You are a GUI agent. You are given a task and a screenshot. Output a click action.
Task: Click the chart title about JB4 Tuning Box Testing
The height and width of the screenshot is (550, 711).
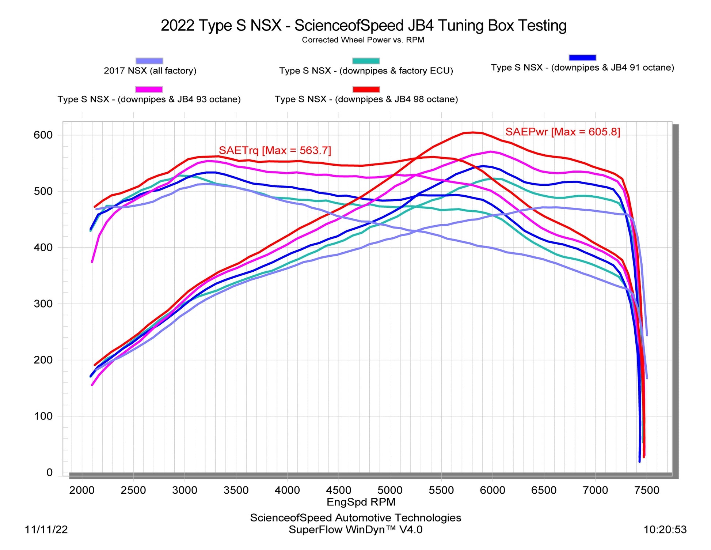coord(364,26)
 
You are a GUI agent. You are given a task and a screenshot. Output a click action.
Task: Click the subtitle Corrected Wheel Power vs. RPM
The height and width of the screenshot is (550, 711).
coord(363,40)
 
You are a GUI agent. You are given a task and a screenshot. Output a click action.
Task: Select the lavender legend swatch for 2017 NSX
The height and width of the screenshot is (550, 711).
coord(149,61)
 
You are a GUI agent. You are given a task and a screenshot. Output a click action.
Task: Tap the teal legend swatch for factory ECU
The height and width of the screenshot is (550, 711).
coord(366,61)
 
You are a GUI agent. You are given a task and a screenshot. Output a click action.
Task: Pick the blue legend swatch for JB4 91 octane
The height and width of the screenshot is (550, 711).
coord(582,57)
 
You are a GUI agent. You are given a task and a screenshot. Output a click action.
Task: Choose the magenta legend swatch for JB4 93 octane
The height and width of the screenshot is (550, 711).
coord(149,89)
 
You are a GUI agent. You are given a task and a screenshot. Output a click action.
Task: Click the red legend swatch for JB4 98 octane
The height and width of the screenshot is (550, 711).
coord(366,89)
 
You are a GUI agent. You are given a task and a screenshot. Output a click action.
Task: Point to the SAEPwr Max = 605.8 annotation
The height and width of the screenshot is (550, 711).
coord(562,132)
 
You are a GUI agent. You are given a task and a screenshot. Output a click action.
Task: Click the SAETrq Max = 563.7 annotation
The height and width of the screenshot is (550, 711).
coord(275,150)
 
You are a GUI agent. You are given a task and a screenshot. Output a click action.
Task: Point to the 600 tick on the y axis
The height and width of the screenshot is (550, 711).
coord(43,135)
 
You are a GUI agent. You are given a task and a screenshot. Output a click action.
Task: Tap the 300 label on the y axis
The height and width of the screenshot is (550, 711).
coord(43,304)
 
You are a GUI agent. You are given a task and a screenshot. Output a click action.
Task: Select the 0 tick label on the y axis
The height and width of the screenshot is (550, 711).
coord(49,472)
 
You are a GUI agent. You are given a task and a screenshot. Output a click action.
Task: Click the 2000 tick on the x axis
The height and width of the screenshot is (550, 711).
coord(82,490)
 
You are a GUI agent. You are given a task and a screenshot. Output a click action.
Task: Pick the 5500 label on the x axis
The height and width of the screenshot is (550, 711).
coord(441,490)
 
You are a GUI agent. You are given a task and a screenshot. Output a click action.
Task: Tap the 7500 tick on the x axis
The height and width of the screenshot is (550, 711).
coord(647,490)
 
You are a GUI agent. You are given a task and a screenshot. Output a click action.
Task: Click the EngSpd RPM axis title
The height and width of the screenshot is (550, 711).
coord(361,502)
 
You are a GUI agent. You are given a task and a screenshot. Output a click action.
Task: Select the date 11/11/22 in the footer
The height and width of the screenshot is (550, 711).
coord(46,530)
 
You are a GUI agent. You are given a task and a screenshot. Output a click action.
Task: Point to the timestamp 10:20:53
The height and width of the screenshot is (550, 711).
coord(665,530)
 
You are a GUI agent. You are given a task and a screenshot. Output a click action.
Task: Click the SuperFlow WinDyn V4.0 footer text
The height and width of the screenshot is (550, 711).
coord(355,530)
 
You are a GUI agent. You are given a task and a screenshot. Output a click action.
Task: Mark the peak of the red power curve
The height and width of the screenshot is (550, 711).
coord(473,132)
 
